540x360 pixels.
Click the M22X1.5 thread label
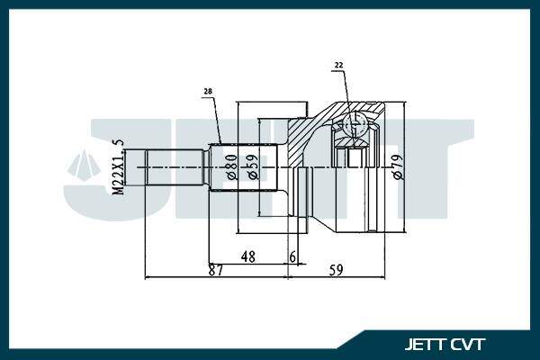(119, 167)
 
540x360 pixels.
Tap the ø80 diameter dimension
(232, 167)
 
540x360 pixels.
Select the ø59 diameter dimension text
(252, 167)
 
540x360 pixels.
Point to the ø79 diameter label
(398, 167)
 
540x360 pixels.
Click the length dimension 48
(248, 256)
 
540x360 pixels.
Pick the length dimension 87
(216, 270)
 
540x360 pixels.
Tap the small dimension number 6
(292, 256)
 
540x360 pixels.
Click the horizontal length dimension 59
(336, 270)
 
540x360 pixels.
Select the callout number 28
(208, 91)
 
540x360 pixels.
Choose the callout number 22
(338, 65)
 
